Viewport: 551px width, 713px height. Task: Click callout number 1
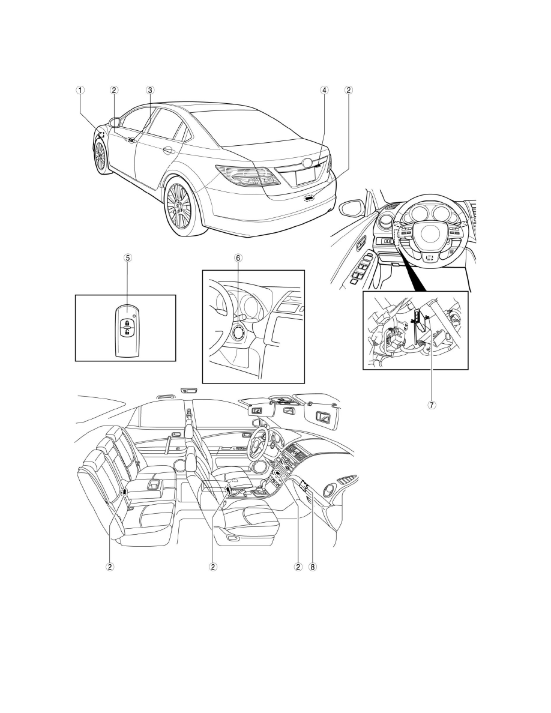(80, 90)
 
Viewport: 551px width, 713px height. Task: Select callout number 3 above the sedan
(150, 90)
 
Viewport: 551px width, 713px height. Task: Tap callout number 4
(324, 90)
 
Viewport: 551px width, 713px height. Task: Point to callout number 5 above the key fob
(128, 257)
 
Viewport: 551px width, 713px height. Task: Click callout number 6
(238, 257)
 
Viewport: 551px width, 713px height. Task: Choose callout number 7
(432, 405)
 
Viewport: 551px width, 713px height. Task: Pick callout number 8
(312, 567)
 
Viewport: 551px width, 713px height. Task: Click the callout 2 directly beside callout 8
(299, 567)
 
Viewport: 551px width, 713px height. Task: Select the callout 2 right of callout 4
(349, 90)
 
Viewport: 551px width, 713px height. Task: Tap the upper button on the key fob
(127, 323)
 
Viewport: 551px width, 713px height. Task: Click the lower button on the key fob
(127, 332)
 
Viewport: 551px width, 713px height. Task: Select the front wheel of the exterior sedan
(100, 157)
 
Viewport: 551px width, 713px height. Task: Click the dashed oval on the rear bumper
(310, 198)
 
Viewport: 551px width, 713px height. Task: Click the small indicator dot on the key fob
(134, 314)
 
